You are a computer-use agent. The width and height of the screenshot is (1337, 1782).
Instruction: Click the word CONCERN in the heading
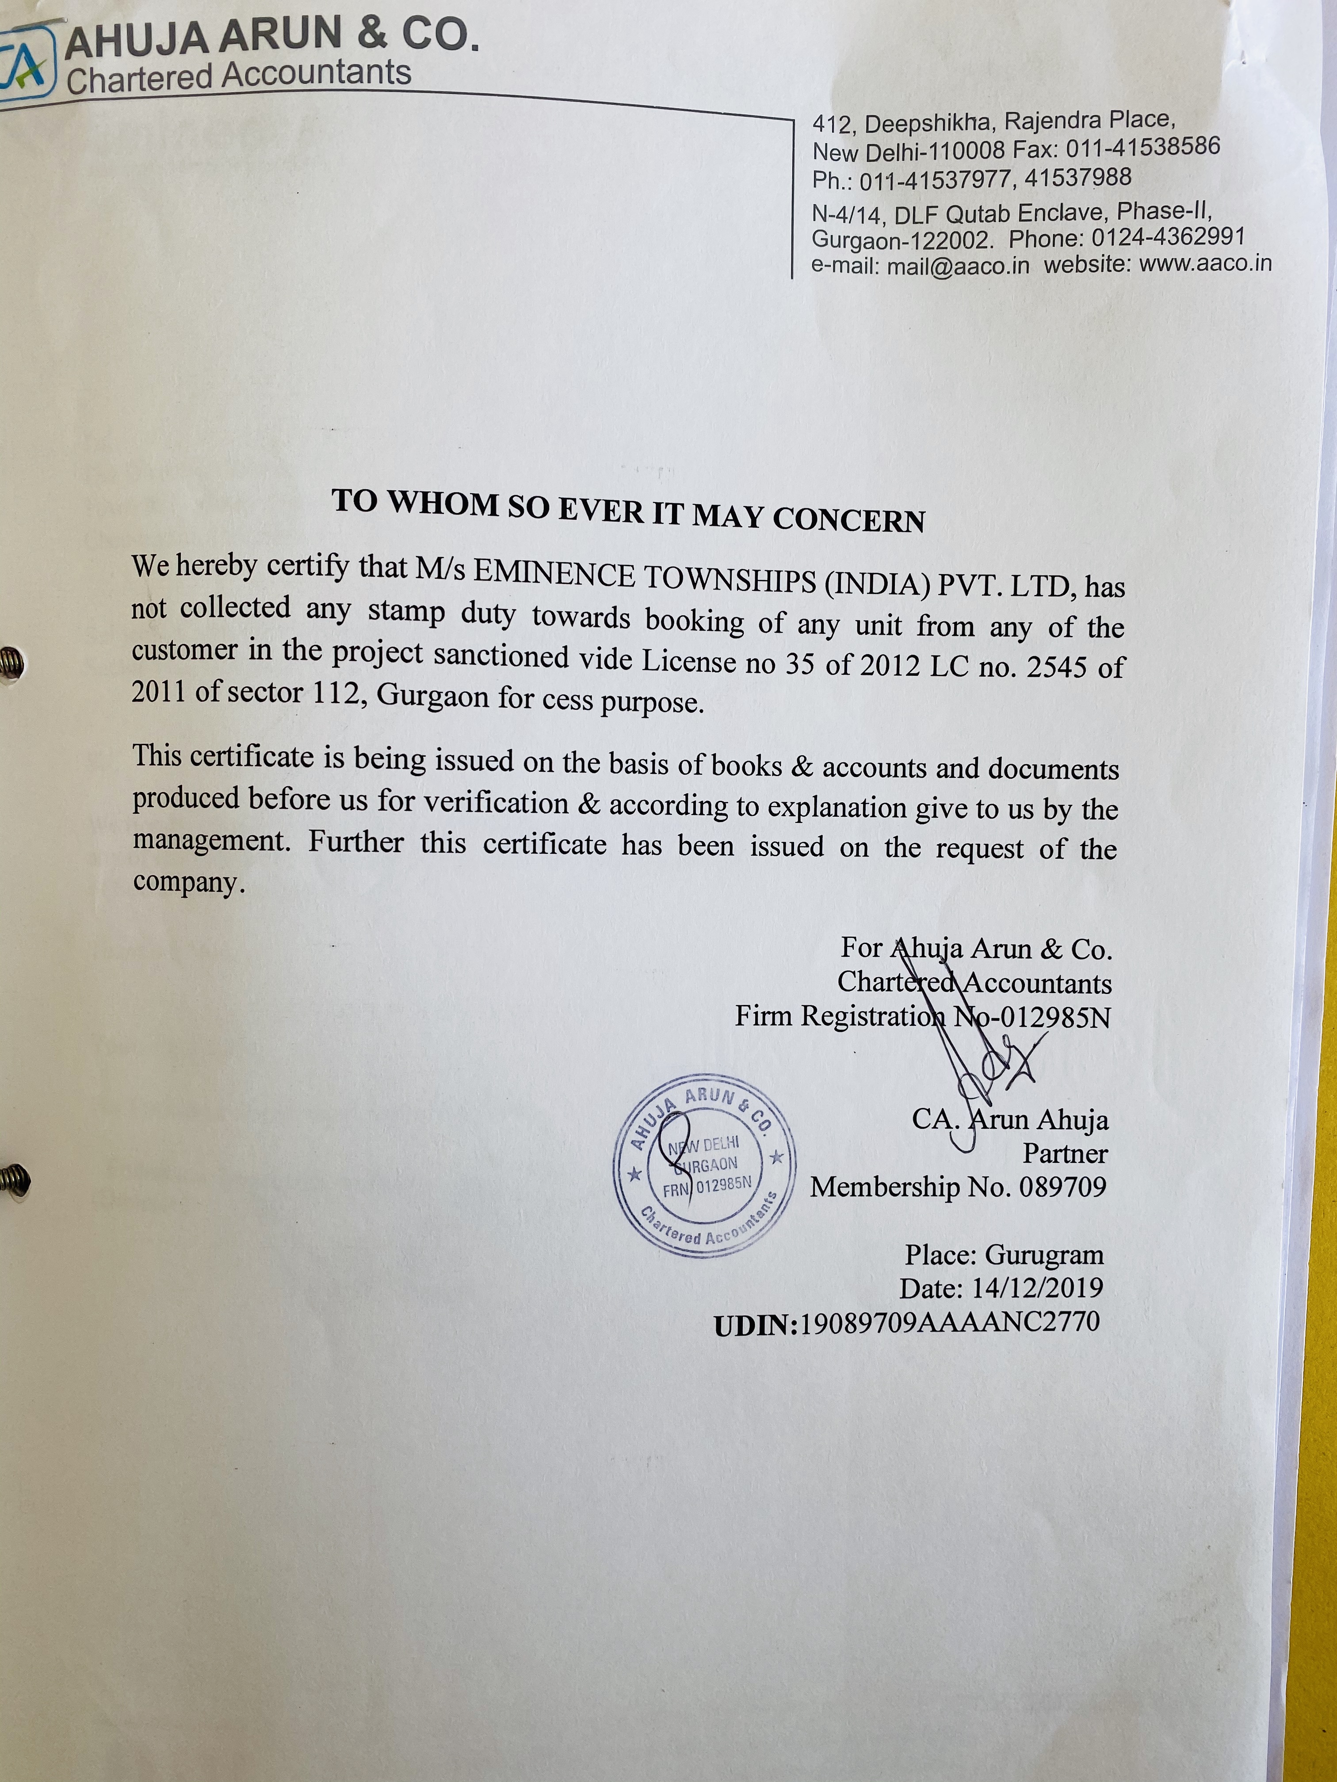pyautogui.click(x=848, y=520)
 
